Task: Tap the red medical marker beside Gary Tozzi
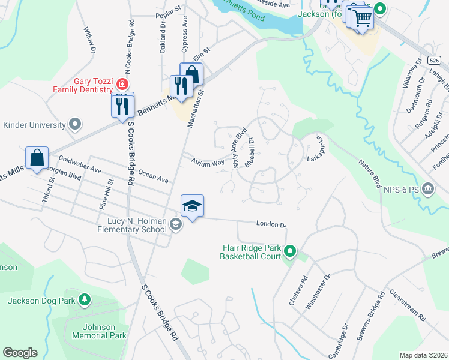tap(122, 82)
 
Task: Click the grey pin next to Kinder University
tap(75, 125)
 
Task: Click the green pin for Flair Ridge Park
tap(291, 251)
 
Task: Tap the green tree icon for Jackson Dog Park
tap(85, 299)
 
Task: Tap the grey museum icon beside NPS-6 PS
tap(427, 189)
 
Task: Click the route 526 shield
tap(435, 61)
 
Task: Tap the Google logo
tap(20, 353)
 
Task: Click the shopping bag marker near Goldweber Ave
tap(37, 158)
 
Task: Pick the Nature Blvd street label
tap(370, 173)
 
